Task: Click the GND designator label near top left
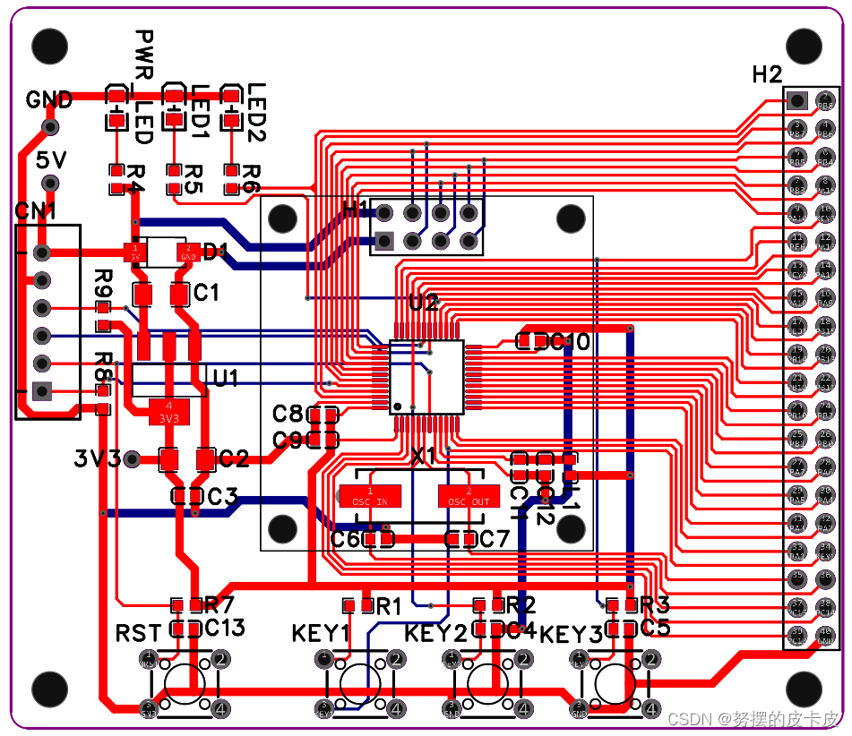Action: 49,99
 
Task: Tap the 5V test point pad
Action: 50,184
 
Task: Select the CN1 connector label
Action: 36,212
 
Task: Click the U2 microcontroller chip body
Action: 426,377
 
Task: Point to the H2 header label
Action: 767,75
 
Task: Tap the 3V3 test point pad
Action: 132,459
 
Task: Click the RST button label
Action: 138,634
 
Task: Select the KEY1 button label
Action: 320,634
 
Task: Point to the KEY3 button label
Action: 572,634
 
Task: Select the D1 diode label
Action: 215,252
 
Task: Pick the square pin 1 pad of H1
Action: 385,241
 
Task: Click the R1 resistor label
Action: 388,606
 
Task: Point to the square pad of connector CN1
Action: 41,390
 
